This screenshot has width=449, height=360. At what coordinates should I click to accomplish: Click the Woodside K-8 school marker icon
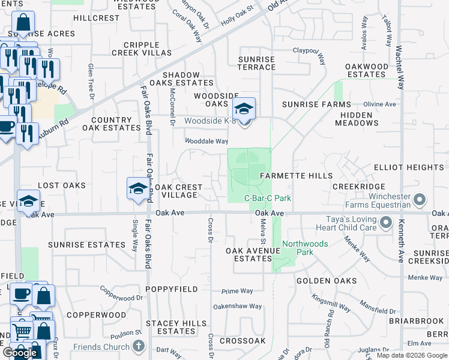[244, 109]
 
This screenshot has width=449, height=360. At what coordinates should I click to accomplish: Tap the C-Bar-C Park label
[267, 198]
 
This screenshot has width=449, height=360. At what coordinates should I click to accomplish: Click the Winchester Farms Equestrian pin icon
[420, 199]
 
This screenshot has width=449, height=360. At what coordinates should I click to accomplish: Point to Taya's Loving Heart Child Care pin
[385, 224]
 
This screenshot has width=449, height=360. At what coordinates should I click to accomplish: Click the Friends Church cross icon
[139, 346]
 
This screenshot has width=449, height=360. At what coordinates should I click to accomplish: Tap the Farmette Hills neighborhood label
[295, 176]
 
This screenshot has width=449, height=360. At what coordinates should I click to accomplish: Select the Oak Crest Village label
[176, 191]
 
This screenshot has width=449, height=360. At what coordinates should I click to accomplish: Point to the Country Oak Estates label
[111, 124]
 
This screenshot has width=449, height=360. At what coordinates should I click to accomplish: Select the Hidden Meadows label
[359, 119]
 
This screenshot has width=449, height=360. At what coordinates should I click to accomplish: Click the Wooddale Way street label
[206, 142]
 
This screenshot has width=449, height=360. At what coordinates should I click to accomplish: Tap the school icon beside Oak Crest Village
[137, 189]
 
